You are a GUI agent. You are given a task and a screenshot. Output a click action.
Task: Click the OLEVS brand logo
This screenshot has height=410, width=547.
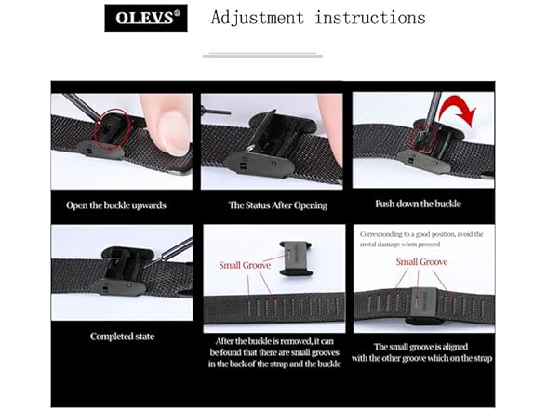[145, 18]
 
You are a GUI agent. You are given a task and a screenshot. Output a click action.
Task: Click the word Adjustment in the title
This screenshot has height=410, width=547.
[258, 18]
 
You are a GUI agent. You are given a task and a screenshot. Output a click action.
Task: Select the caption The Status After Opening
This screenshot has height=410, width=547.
[273, 205]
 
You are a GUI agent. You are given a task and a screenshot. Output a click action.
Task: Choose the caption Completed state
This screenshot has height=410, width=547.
[121, 337]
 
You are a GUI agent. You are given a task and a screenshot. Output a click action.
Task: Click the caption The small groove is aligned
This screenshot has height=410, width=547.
[423, 352]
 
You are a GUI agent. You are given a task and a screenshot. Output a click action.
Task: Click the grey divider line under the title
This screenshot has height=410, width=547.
[262, 55]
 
